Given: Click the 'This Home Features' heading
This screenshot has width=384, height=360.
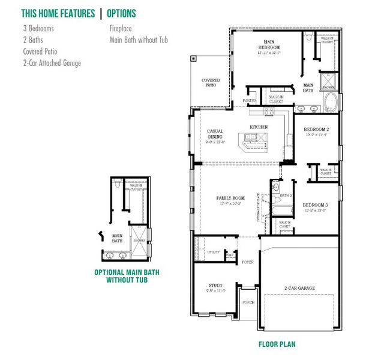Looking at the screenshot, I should tap(58, 13).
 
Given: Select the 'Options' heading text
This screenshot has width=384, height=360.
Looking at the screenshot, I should tap(122, 13).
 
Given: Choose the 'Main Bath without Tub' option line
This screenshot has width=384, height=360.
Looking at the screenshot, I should tap(139, 40).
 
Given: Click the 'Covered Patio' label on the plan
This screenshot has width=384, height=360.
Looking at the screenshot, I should tap(211, 83).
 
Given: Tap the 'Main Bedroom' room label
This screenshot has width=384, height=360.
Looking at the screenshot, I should tap(268, 44).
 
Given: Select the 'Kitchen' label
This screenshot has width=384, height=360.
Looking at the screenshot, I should tap(259, 127).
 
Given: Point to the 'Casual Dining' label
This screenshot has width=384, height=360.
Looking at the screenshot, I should tap(215, 134).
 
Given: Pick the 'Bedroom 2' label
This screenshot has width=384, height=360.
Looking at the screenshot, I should tap(316, 130).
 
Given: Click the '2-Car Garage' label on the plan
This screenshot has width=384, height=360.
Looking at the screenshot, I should tap(299, 288).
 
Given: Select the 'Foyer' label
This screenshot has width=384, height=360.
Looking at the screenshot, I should tap(247, 262).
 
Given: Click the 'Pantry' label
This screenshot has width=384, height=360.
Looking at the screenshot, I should tap(250, 100).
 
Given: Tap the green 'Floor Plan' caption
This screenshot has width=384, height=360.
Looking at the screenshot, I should tap(277, 344).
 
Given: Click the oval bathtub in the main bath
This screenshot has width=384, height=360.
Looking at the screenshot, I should tap(331, 102).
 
